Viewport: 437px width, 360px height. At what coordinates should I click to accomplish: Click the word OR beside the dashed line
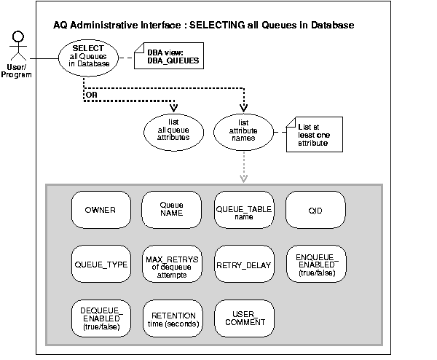[x=90, y=93]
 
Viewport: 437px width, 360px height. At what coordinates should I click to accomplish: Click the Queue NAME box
[x=171, y=211]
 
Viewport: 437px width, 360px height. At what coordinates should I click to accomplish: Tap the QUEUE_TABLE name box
[x=243, y=211]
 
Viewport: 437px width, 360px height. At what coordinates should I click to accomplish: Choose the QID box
[x=315, y=211]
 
